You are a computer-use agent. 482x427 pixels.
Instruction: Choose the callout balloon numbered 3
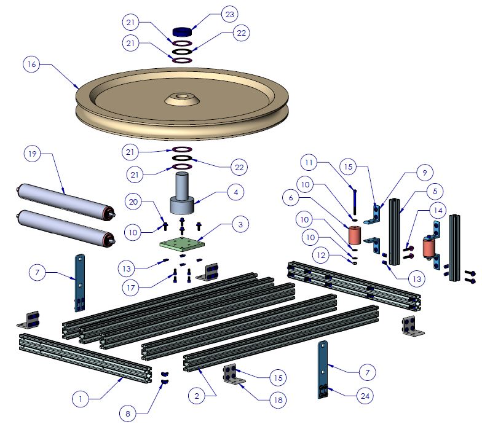click(x=241, y=225)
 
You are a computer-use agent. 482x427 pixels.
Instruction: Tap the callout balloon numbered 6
click(x=291, y=198)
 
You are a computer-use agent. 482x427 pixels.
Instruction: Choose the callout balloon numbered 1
click(x=80, y=398)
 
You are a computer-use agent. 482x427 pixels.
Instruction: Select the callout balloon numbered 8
click(x=128, y=414)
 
